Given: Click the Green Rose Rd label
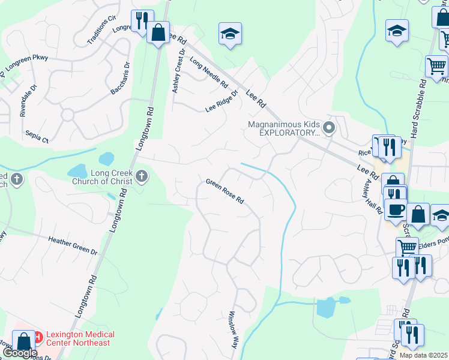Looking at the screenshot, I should (x=225, y=191).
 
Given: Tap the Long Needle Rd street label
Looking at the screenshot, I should (x=209, y=72).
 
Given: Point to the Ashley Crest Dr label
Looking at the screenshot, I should (x=178, y=71).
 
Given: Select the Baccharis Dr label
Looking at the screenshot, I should (x=121, y=78).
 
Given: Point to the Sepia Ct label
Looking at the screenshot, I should (x=37, y=137).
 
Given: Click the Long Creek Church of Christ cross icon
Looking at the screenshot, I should (x=142, y=176).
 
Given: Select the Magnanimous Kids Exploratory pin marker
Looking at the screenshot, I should (x=328, y=128).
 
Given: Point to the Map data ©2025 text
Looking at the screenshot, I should (x=423, y=355).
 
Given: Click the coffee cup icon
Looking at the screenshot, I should (x=395, y=209).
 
